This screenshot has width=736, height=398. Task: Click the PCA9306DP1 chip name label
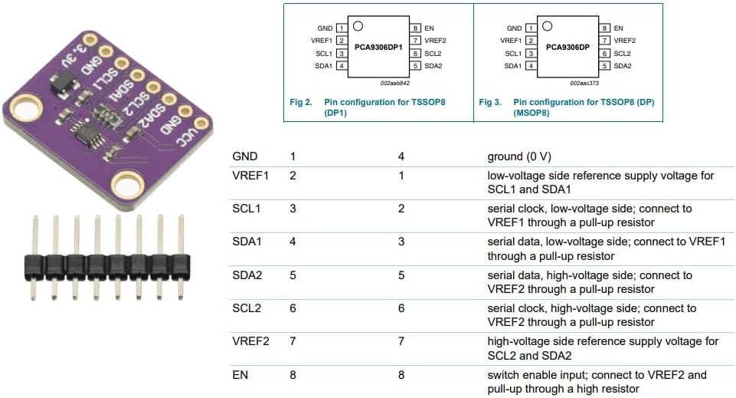coord(378,47)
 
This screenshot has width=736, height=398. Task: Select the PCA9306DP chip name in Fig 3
coord(568,47)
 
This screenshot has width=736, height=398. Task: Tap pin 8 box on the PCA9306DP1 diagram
coord(415,28)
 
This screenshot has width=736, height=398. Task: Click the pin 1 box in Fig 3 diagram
coord(531,28)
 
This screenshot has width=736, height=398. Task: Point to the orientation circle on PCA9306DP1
coord(358,26)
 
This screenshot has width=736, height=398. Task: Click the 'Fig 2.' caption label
coord(300,102)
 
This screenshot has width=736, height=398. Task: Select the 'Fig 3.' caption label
coord(489,102)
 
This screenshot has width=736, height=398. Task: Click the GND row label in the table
coord(244,156)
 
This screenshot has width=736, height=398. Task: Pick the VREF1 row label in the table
coord(250,176)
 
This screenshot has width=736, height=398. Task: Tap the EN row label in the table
coord(240,375)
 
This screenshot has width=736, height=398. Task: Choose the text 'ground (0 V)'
coord(519,156)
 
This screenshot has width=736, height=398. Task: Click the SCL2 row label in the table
coord(247,308)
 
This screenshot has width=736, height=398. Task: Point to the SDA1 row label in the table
coord(247,242)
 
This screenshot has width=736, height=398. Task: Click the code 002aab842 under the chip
coord(394,83)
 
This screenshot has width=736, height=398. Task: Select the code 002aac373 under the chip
coord(584,83)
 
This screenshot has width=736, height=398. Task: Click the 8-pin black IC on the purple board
coord(84,132)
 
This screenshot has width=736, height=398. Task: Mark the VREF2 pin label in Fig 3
coord(625,41)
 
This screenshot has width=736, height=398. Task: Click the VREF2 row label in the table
coord(250,341)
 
